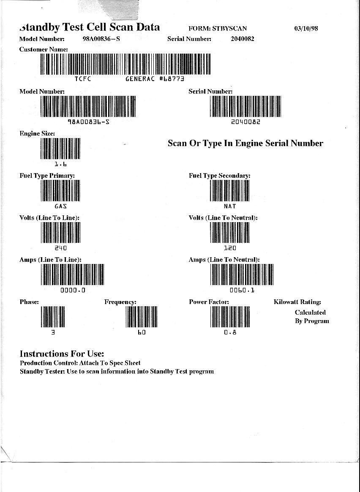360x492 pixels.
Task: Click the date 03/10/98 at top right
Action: (x=305, y=28)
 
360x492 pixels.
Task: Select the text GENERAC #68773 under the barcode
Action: (x=155, y=79)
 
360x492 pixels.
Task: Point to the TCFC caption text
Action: (x=83, y=79)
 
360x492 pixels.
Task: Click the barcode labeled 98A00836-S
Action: (x=88, y=106)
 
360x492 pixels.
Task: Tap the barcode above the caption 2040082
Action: (x=245, y=106)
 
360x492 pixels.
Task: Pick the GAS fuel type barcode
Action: (x=60, y=190)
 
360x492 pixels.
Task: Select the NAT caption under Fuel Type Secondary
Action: (x=230, y=207)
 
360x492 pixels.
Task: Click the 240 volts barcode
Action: (x=60, y=232)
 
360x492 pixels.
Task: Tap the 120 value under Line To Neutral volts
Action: (x=230, y=248)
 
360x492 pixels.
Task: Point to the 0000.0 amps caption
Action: (x=73, y=290)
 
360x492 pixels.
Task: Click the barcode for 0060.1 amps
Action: (x=242, y=274)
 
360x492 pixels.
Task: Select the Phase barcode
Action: (x=53, y=317)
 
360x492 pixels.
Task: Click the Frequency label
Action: (x=120, y=302)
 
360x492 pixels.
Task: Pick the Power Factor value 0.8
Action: (x=230, y=332)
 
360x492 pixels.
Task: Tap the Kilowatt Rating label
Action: (x=297, y=302)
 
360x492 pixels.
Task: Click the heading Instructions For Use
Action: (x=62, y=353)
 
